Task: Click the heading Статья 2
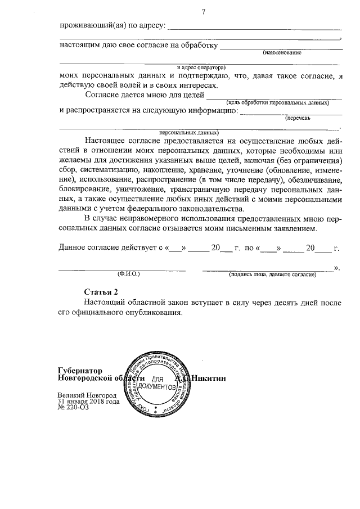click(101, 292)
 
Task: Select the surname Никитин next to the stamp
click(209, 379)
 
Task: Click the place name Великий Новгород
click(87, 395)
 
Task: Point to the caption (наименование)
click(282, 52)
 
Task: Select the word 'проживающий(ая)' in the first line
click(89, 25)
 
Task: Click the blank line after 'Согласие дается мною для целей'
click(274, 95)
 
